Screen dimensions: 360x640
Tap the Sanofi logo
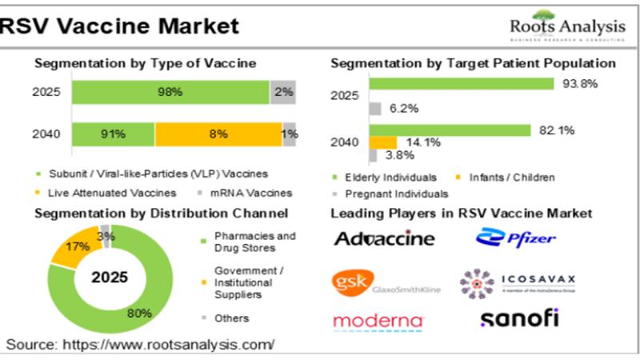tap(519, 318)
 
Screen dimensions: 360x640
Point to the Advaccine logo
tap(384, 238)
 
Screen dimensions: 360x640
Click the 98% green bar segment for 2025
tap(170, 92)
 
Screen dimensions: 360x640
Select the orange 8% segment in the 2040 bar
tap(217, 134)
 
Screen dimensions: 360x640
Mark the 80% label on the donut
tap(140, 313)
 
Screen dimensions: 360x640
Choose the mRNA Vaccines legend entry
tap(258, 192)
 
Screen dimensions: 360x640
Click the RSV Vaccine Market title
tap(120, 26)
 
